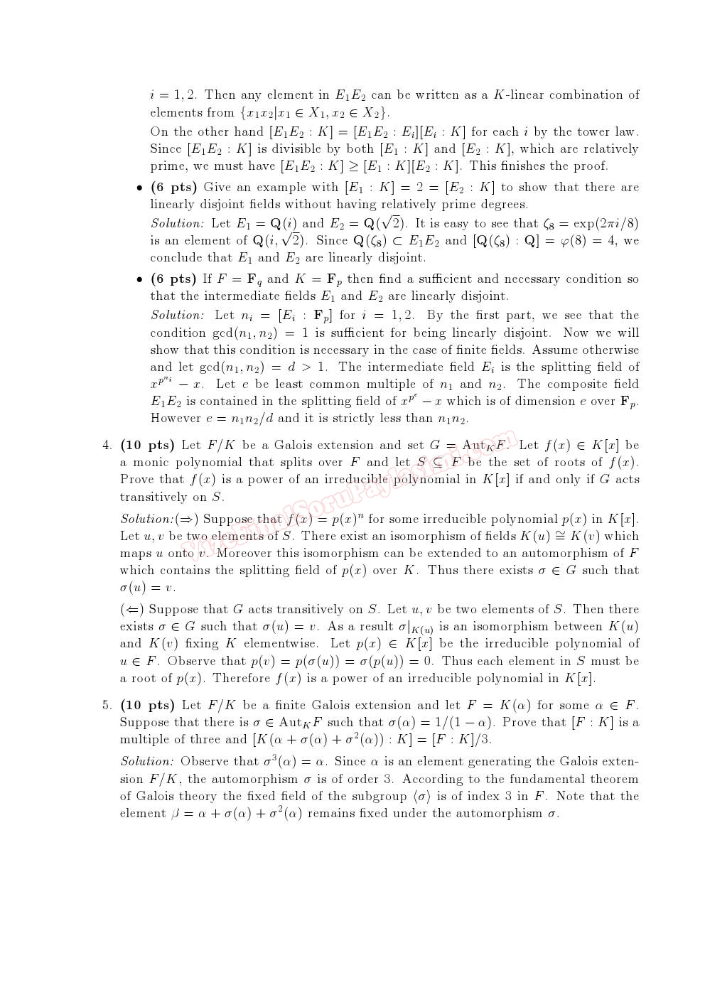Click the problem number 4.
(106, 446)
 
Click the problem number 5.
(106, 706)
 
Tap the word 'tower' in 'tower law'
(577, 131)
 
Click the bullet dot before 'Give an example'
(139, 188)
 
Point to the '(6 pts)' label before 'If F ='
(173, 279)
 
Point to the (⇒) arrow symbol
(188, 519)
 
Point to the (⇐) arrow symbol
(132, 610)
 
